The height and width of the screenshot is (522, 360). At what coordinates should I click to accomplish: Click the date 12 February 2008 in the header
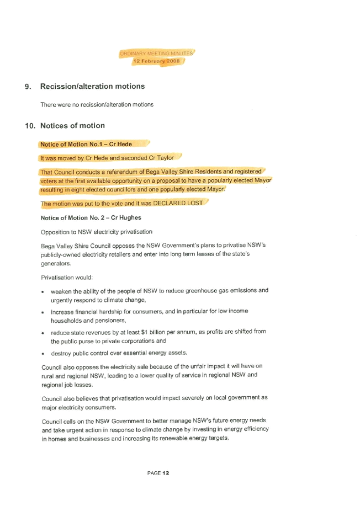tap(156, 61)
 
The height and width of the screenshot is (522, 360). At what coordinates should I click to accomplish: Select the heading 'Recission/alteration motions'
tap(93, 86)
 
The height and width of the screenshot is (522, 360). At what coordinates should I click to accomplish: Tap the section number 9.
tap(28, 87)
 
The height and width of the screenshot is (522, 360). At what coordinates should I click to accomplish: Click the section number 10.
tap(30, 126)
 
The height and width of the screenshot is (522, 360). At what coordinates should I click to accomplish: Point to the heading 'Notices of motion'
tap(72, 125)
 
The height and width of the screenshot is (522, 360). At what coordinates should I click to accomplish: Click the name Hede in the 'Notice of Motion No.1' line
tap(125, 144)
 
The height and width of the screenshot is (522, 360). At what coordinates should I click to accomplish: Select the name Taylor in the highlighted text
tap(165, 158)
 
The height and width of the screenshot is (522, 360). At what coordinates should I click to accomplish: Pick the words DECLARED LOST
tap(178, 203)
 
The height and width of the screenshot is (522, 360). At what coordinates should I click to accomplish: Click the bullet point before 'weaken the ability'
tap(43, 292)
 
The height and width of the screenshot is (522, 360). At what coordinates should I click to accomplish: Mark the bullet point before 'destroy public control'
tap(43, 354)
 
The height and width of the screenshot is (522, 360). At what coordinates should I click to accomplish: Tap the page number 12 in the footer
tap(166, 473)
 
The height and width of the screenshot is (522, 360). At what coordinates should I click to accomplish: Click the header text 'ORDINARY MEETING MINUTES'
tap(156, 54)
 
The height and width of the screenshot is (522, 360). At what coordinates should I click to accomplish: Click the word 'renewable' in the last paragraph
tap(173, 438)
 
